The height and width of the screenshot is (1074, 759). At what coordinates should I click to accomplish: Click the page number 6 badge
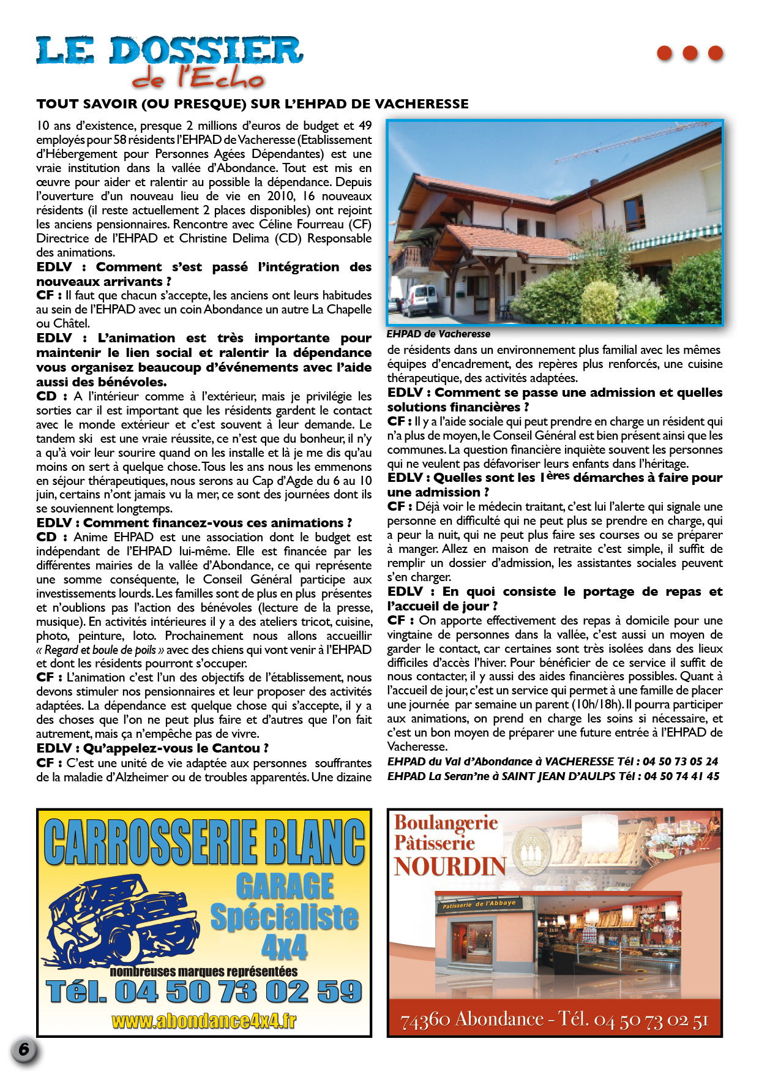tap(24, 1050)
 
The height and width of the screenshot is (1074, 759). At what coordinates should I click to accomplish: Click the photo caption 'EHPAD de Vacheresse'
tap(438, 334)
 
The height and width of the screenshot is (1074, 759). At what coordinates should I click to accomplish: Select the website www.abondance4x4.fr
tap(204, 1021)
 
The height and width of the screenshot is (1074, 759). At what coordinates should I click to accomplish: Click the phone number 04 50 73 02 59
tap(238, 992)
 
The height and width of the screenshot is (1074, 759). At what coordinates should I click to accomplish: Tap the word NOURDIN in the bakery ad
tap(450, 866)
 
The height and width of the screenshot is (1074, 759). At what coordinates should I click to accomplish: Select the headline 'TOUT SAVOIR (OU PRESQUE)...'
tap(252, 104)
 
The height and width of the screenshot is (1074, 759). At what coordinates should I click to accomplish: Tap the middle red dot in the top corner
tap(690, 53)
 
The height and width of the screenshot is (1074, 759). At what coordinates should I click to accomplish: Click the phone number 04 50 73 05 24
tap(680, 762)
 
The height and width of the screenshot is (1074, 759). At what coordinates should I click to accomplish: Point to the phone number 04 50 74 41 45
tap(681, 776)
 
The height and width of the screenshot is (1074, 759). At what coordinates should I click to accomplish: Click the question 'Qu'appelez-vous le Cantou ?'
tap(176, 748)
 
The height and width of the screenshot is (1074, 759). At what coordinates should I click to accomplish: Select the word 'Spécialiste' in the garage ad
tap(284, 917)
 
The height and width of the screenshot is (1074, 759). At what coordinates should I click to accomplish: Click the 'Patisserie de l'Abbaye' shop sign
tap(479, 903)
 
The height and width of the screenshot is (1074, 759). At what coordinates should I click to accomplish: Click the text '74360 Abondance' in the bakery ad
tap(471, 1020)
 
